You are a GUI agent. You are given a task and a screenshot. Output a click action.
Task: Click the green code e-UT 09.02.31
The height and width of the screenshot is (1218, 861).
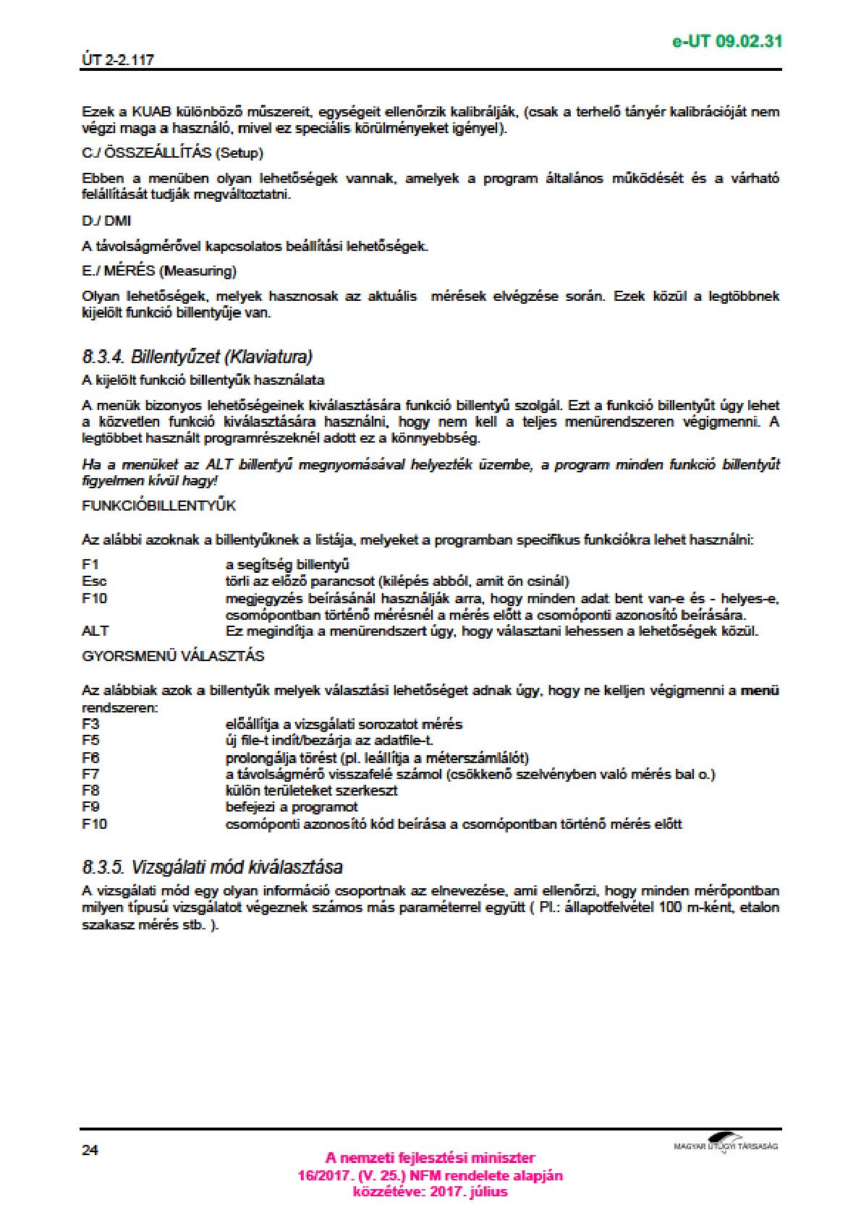[x=726, y=41]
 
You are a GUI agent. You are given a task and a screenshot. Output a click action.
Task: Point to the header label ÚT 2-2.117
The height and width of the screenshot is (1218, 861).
[x=118, y=60]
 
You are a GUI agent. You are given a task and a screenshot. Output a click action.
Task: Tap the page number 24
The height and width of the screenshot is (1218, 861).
[x=90, y=1150]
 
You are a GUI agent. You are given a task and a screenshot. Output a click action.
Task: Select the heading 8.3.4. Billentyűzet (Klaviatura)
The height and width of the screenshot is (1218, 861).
[x=197, y=357]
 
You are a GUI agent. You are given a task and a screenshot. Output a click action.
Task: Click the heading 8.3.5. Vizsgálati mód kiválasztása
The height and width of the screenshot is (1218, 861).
[x=212, y=866]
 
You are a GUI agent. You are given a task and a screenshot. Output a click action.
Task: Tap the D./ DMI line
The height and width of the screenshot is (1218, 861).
[x=106, y=221]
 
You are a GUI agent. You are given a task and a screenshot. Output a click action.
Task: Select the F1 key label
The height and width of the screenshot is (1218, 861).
[x=90, y=564]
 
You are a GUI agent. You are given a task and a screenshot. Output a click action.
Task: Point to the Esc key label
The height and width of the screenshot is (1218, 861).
[x=94, y=581]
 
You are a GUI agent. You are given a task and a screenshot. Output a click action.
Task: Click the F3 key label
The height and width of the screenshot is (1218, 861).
[x=90, y=724]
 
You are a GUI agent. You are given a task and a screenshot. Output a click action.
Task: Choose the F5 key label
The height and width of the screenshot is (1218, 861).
[x=90, y=740]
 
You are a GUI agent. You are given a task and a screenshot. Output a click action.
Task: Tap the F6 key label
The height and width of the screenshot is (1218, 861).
[x=90, y=757]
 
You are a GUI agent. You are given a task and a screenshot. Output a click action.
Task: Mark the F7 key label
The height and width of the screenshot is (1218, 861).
[x=90, y=774]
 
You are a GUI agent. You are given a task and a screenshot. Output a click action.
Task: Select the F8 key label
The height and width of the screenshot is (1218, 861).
[x=90, y=791]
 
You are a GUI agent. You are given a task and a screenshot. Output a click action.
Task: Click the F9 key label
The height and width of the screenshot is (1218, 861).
[x=90, y=806]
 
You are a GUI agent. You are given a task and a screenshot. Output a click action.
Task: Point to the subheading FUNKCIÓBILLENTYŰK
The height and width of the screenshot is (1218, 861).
[x=158, y=506]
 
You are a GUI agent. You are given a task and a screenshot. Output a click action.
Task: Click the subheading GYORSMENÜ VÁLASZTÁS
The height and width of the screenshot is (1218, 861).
[x=173, y=656]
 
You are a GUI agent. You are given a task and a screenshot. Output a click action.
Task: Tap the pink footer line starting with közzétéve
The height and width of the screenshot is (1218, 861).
[x=430, y=1192]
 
